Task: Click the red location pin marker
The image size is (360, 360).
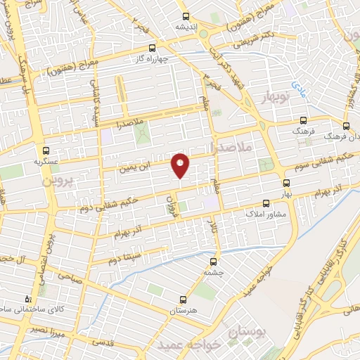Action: (x=181, y=165)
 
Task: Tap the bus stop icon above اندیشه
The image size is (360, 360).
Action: (x=186, y=16)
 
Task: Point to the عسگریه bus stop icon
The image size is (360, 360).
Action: (x=46, y=150)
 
